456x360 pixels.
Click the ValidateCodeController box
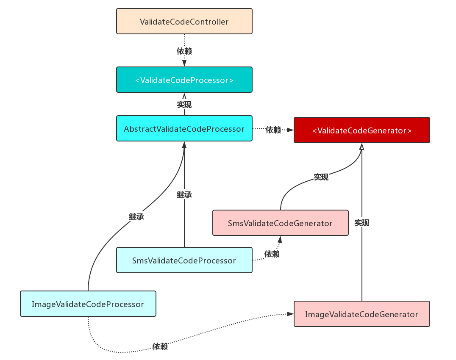point(184,21)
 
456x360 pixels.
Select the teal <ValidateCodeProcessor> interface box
point(184,80)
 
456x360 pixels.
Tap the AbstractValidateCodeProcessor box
point(184,128)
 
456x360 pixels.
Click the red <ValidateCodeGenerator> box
point(362,130)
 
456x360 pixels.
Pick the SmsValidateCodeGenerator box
point(281,223)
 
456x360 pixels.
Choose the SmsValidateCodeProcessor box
point(184,260)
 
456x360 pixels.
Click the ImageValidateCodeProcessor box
point(88,304)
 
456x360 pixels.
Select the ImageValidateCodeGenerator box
point(362,314)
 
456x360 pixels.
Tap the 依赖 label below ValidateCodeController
point(184,51)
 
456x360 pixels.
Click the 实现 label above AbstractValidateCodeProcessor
point(184,104)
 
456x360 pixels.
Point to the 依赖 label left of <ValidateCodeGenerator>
point(273,130)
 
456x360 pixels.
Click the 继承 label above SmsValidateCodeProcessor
point(184,195)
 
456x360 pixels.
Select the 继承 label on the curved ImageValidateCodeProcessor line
point(136,217)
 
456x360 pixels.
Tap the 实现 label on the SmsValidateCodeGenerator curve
point(321,177)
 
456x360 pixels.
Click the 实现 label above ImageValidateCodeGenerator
point(362,223)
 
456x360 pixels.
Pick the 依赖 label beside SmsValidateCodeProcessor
point(272,254)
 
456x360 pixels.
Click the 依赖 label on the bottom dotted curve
point(160,346)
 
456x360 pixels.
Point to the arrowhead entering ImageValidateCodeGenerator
point(290,314)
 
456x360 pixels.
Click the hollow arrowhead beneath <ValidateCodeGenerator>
point(362,147)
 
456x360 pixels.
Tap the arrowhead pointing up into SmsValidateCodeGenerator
point(280,239)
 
